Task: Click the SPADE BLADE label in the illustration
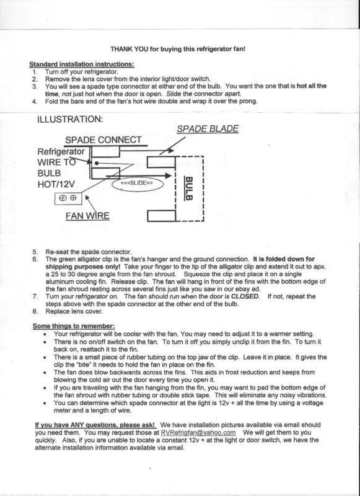pyautogui.click(x=208, y=129)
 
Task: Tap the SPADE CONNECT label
pyautogui.click(x=103, y=140)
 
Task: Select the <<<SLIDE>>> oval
pyautogui.click(x=138, y=184)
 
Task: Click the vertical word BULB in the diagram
pyautogui.click(x=189, y=188)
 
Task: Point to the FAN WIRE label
pyautogui.click(x=87, y=216)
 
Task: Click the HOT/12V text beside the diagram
pyautogui.click(x=56, y=184)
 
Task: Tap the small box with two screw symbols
pyautogui.click(x=68, y=198)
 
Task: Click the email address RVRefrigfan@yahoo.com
pyautogui.click(x=198, y=432)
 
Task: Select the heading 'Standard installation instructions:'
pyautogui.click(x=82, y=64)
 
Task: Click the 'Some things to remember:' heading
pyautogui.click(x=74, y=326)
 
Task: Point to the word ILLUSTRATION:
pyautogui.click(x=70, y=119)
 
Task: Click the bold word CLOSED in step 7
pyautogui.click(x=245, y=296)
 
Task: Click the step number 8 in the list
pyautogui.click(x=35, y=311)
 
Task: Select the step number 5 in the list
pyautogui.click(x=35, y=252)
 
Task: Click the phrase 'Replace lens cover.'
pyautogui.click(x=74, y=311)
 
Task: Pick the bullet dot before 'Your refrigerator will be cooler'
pyautogui.click(x=46, y=334)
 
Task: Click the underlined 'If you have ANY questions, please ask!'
pyautogui.click(x=95, y=425)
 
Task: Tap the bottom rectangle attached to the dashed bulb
pyautogui.click(x=162, y=216)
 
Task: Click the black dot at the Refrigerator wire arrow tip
pyautogui.click(x=97, y=164)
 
